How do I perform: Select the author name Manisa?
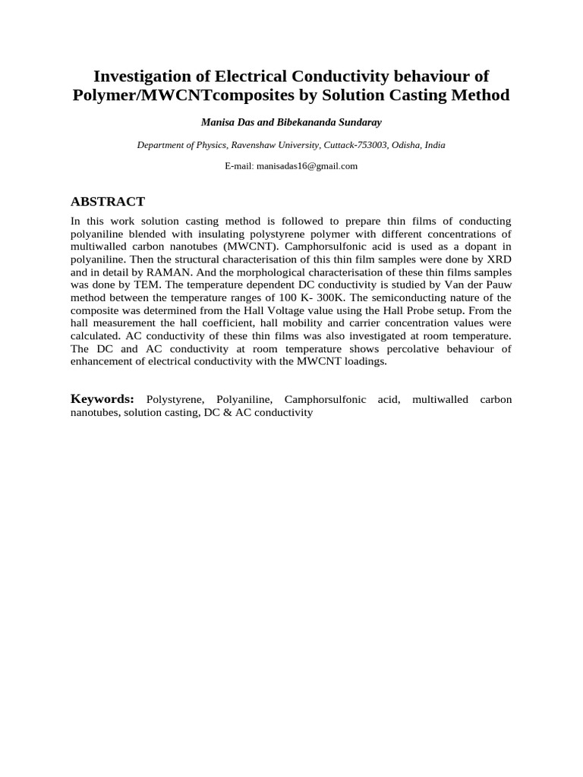point(216,121)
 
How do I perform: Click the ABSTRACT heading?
point(107,201)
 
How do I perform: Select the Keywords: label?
point(102,399)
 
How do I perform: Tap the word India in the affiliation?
point(435,144)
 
